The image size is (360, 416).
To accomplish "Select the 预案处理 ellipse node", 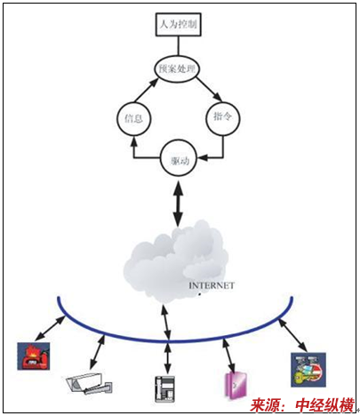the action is [x=177, y=68].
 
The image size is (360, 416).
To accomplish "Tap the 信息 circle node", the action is [x=134, y=118].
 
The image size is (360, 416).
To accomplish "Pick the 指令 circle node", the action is [x=222, y=118].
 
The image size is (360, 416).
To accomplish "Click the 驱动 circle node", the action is [x=179, y=158].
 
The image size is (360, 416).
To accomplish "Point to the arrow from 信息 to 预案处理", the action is [x=146, y=91].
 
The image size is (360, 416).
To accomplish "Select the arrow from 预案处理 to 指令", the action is [x=209, y=89].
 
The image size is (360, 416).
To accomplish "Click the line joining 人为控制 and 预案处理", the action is [x=179, y=45].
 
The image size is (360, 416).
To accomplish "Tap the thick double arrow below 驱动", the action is [x=178, y=204].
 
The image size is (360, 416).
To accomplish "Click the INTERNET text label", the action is [x=212, y=285].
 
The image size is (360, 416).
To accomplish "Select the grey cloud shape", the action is [x=176, y=260].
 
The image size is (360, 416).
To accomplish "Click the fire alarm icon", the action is [x=34, y=356].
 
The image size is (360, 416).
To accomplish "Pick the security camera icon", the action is [x=88, y=383].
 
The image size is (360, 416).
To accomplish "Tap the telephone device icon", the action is [x=164, y=388].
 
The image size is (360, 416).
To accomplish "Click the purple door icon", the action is [x=236, y=385].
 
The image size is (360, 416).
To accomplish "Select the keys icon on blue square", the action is [x=308, y=369].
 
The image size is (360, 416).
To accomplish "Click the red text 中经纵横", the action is [x=324, y=405].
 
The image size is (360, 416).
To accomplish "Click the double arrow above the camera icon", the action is [x=97, y=352].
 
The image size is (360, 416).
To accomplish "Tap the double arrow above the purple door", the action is [x=228, y=355].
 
